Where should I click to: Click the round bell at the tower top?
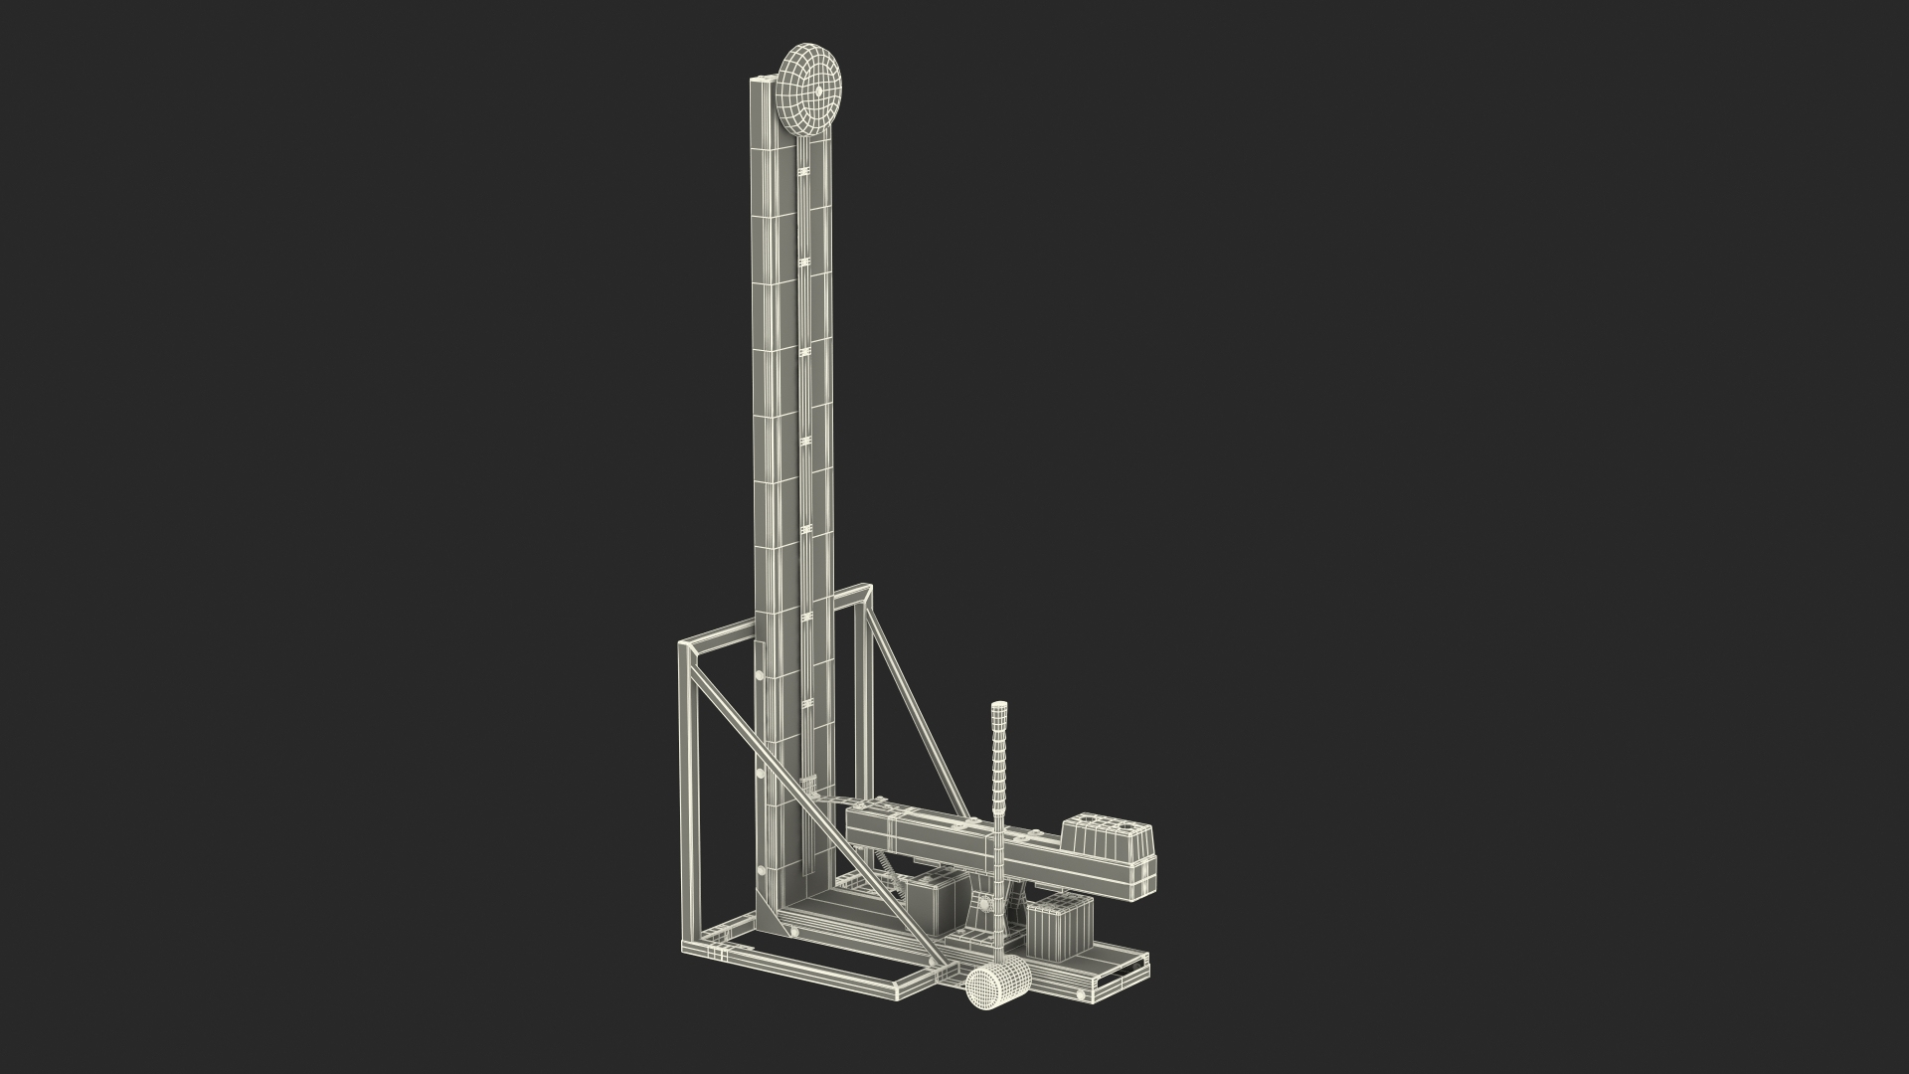click(x=808, y=89)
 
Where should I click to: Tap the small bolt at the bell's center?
click(x=817, y=90)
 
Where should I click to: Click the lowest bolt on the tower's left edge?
click(x=763, y=870)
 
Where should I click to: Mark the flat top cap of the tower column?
click(x=763, y=81)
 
